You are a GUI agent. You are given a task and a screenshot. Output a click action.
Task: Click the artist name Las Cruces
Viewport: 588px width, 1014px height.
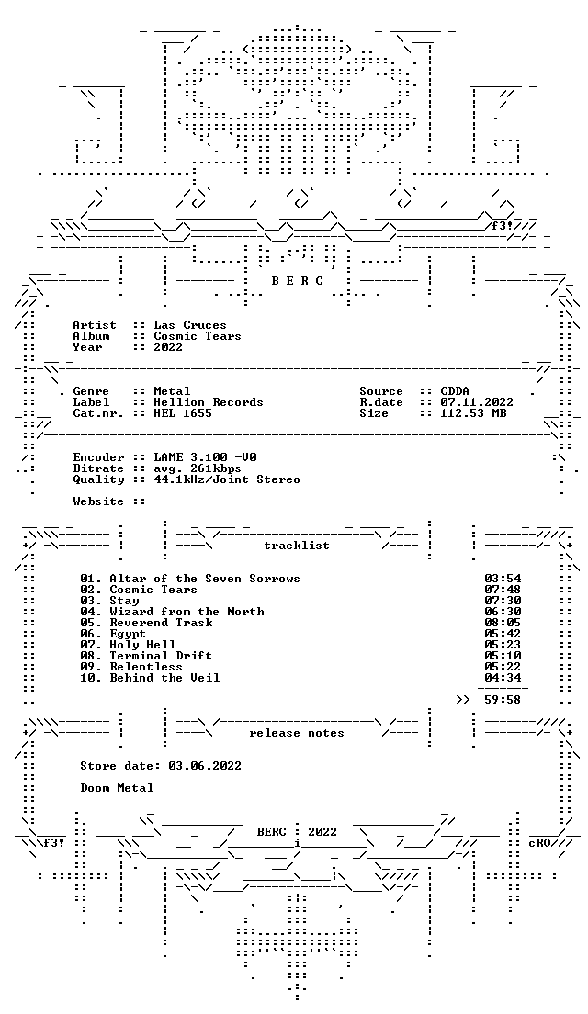click(x=190, y=325)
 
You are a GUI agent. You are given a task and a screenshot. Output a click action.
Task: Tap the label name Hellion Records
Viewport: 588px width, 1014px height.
click(x=209, y=402)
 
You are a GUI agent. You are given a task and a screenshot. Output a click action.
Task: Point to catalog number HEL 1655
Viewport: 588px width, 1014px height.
click(x=183, y=413)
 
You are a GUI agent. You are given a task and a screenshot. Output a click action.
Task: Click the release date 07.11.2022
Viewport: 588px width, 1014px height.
click(x=477, y=402)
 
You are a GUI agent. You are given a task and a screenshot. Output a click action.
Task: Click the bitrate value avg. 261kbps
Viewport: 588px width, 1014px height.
click(x=198, y=468)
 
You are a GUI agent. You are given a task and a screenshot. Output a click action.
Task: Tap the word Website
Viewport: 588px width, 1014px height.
click(x=98, y=501)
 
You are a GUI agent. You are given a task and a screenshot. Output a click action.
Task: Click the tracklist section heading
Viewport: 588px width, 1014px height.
click(x=296, y=546)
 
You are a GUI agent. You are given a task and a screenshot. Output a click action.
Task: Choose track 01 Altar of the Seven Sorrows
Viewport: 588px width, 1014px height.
click(x=190, y=579)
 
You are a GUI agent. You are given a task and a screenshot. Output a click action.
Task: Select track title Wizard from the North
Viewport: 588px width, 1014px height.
click(x=187, y=612)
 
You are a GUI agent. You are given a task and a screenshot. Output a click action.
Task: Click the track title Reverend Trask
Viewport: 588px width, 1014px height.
click(x=161, y=623)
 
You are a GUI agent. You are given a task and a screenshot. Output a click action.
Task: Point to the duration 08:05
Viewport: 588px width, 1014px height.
click(x=503, y=623)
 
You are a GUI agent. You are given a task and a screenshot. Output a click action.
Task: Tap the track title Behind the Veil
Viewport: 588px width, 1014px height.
click(x=164, y=678)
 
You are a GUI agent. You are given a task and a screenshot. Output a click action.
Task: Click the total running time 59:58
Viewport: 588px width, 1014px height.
click(x=503, y=700)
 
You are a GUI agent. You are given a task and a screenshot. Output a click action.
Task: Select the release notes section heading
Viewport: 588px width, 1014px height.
click(x=296, y=733)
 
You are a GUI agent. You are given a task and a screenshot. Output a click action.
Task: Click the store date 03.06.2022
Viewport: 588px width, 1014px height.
click(x=204, y=766)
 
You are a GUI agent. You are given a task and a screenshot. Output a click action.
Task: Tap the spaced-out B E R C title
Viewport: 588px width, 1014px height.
click(x=297, y=281)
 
